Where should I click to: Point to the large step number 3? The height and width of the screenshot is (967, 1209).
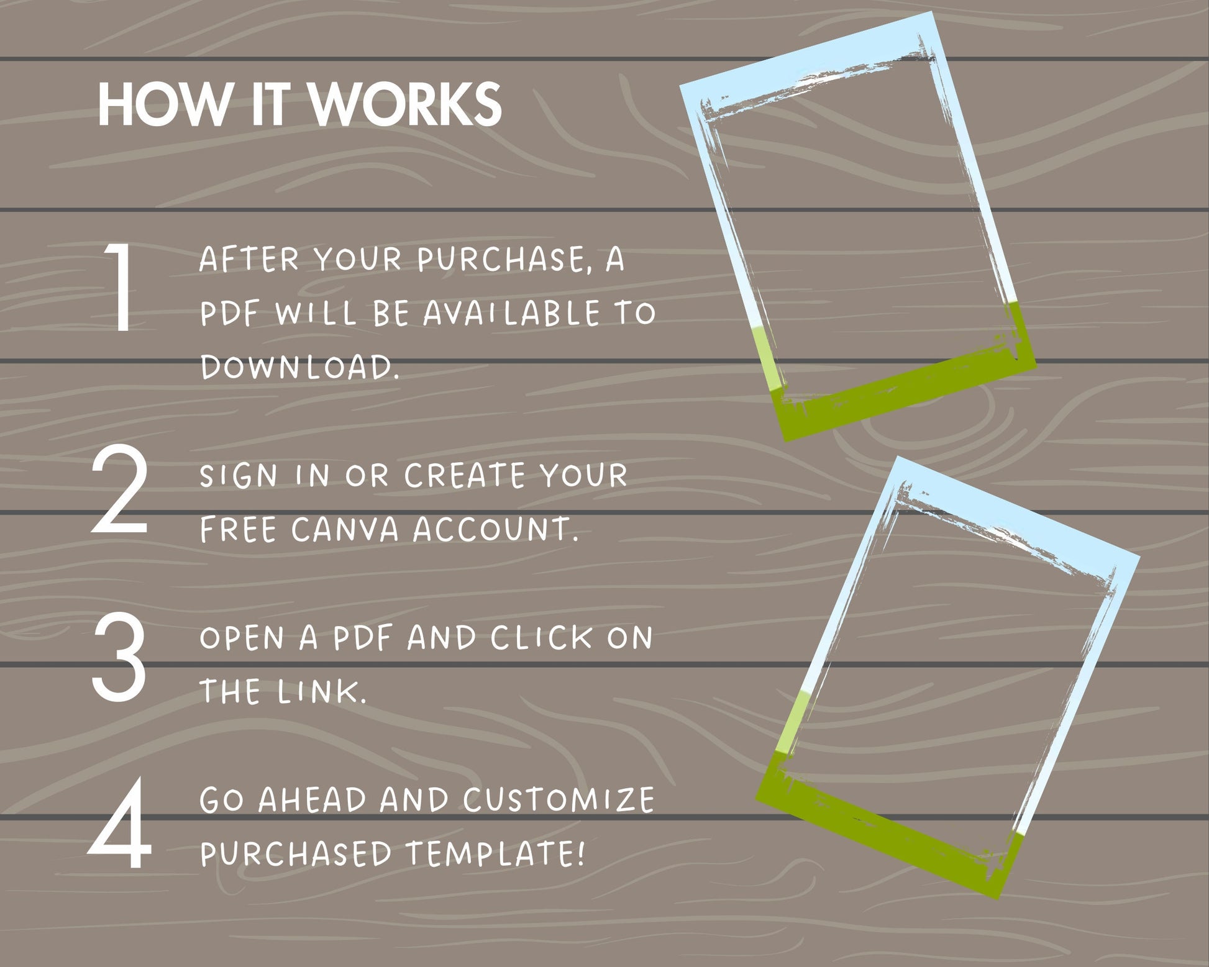pos(119,655)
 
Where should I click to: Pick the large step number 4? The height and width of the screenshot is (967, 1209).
pos(120,823)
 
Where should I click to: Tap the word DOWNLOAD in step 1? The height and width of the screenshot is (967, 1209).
pos(299,366)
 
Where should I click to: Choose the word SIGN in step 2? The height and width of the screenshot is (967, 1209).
pos(239,476)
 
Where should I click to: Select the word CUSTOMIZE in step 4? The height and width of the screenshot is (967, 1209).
pos(559,799)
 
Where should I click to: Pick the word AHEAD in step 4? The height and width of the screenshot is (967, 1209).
pos(313,799)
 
